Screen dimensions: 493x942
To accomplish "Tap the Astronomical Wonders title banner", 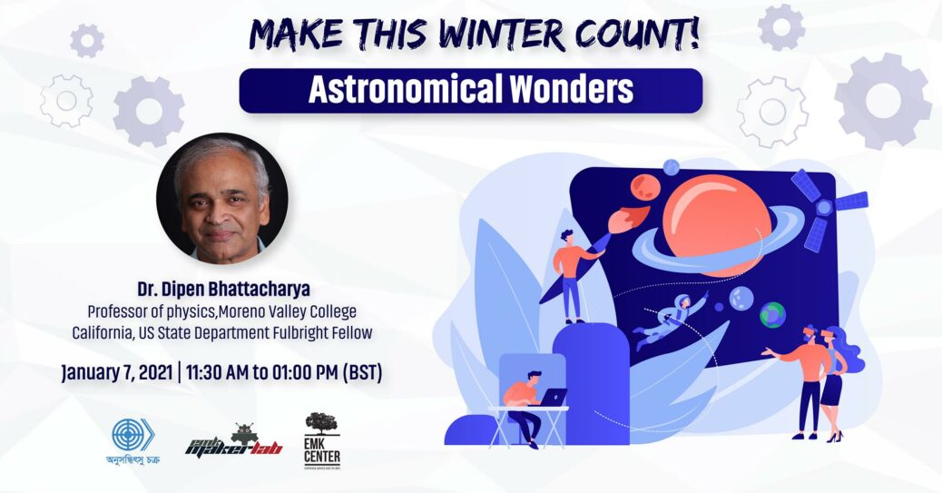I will click(470, 91).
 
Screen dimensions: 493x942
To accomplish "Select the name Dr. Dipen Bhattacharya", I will click(222, 290).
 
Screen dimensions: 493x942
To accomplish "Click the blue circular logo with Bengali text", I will click(133, 434).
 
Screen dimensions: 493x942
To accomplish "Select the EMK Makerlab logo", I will click(234, 439).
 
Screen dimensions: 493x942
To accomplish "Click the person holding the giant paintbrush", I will click(572, 272).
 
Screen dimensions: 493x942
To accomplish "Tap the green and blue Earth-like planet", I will click(771, 314).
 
